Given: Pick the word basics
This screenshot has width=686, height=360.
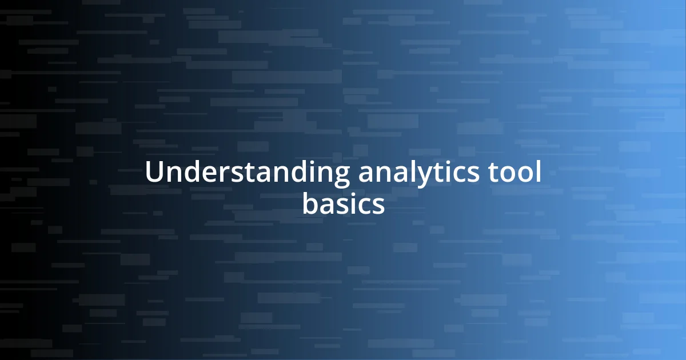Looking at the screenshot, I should coord(343,204).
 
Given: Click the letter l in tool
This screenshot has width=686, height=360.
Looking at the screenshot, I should coord(539,172).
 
